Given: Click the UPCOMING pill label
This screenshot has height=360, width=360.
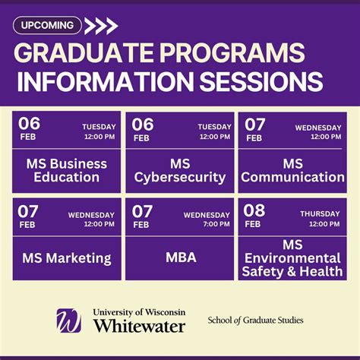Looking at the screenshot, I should [x=47, y=25].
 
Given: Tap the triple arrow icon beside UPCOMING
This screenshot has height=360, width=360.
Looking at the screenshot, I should [x=101, y=26].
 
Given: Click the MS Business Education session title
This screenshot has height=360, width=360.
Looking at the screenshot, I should [x=67, y=170].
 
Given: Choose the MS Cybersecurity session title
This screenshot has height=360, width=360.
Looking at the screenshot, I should [x=180, y=170].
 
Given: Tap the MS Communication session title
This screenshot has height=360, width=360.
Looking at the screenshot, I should [x=292, y=170].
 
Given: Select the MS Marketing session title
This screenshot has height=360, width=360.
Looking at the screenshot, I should [x=67, y=258].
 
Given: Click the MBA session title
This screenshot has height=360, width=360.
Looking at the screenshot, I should [x=181, y=257].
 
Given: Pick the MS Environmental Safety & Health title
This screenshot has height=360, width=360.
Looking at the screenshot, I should [x=292, y=257].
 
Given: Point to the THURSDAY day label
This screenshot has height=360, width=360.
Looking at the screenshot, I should [x=320, y=214].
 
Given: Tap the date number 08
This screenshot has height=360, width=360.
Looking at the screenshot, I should [x=254, y=211].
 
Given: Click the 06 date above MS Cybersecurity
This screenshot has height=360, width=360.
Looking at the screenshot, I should [x=143, y=124].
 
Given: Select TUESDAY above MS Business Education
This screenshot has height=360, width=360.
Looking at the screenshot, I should [x=99, y=127].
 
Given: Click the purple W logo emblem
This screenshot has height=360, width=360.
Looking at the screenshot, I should [x=68, y=320].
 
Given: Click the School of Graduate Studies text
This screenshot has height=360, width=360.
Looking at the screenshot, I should [x=255, y=320].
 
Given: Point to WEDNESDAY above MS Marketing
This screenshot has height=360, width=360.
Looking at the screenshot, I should [x=91, y=215].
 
